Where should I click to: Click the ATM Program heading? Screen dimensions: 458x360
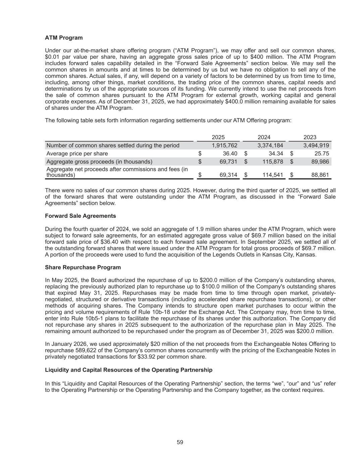64,38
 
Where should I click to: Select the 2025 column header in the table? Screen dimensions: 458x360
218,137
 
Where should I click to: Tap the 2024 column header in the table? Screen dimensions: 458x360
264,137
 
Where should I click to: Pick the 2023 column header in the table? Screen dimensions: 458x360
310,137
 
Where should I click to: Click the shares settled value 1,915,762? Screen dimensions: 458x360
224,146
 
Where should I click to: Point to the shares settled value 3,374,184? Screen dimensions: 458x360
270,146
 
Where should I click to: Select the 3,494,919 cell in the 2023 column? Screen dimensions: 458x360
316,146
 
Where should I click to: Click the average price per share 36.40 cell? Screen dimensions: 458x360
230,154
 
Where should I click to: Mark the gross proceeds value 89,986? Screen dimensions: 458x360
320,162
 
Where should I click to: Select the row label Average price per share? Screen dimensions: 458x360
77,154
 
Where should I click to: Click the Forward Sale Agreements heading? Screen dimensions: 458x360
81,216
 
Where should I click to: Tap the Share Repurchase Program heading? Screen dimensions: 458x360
83,267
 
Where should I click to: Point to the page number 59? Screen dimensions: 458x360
180,442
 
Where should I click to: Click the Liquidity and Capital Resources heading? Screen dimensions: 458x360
128,370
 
